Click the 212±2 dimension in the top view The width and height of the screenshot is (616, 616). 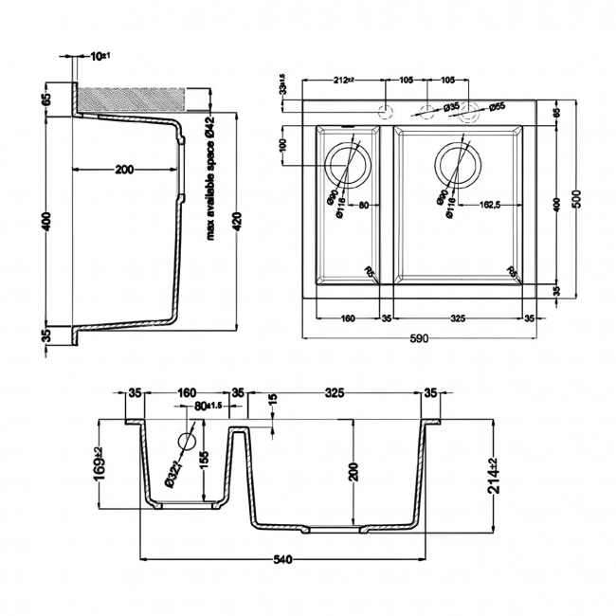pyautogui.click(x=342, y=82)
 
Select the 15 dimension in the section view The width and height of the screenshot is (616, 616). pyautogui.click(x=273, y=402)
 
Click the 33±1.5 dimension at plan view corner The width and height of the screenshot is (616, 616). pyautogui.click(x=282, y=89)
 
